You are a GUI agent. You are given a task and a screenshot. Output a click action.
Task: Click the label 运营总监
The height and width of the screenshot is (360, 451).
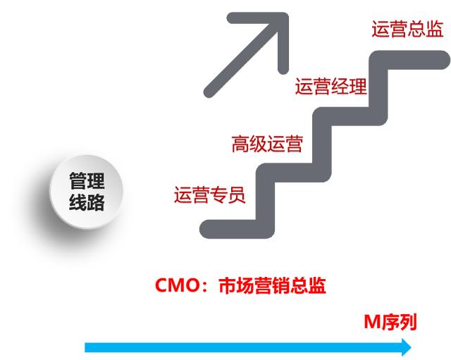click(x=407, y=29)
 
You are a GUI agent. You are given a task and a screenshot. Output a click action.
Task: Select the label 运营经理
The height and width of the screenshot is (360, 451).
click(x=331, y=87)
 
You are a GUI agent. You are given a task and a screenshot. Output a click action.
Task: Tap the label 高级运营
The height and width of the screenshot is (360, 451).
click(x=266, y=144)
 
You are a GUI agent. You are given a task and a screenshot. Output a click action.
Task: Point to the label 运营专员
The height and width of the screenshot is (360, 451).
click(x=209, y=194)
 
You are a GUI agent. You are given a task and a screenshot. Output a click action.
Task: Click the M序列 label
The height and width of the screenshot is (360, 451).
click(x=390, y=323)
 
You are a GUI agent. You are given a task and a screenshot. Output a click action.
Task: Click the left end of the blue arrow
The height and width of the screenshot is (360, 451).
click(x=87, y=347)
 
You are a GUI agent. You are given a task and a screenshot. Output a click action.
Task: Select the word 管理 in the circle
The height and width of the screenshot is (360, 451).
click(x=86, y=180)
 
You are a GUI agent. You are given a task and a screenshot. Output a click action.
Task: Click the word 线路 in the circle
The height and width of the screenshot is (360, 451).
click(x=86, y=203)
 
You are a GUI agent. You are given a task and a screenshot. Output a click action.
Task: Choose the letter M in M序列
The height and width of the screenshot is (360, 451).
click(x=371, y=323)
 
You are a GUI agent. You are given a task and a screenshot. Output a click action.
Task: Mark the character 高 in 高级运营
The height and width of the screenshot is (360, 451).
click(x=240, y=144)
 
